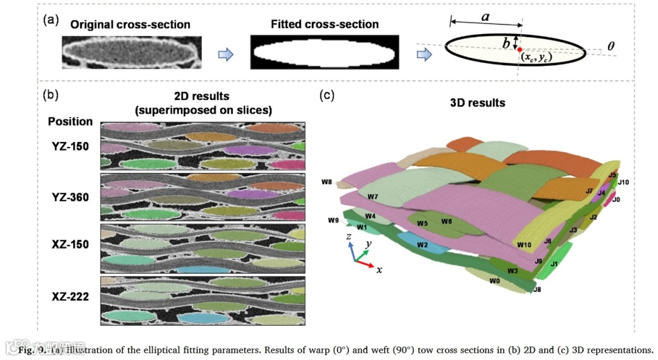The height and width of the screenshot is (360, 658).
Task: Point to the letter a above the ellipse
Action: (x=486, y=17)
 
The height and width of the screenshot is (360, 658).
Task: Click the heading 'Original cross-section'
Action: (x=130, y=25)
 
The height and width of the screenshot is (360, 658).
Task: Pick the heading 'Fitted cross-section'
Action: (x=325, y=24)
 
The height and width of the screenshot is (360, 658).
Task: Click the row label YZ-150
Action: (x=71, y=147)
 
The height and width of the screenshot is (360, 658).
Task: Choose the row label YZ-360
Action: (x=71, y=197)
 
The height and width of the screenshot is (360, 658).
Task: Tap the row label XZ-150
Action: (x=71, y=244)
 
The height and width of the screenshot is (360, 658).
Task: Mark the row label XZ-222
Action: (x=71, y=297)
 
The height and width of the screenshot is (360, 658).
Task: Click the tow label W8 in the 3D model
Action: (x=327, y=182)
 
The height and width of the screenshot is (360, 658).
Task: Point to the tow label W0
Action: (x=494, y=281)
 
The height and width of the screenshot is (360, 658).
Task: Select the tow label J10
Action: (x=623, y=182)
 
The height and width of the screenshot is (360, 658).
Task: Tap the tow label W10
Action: (x=525, y=245)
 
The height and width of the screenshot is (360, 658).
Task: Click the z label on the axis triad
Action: (x=347, y=236)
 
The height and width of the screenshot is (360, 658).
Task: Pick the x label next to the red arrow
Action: (x=379, y=269)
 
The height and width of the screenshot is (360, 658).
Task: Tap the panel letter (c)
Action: (x=328, y=95)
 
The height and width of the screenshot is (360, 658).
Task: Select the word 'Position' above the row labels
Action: (x=71, y=121)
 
